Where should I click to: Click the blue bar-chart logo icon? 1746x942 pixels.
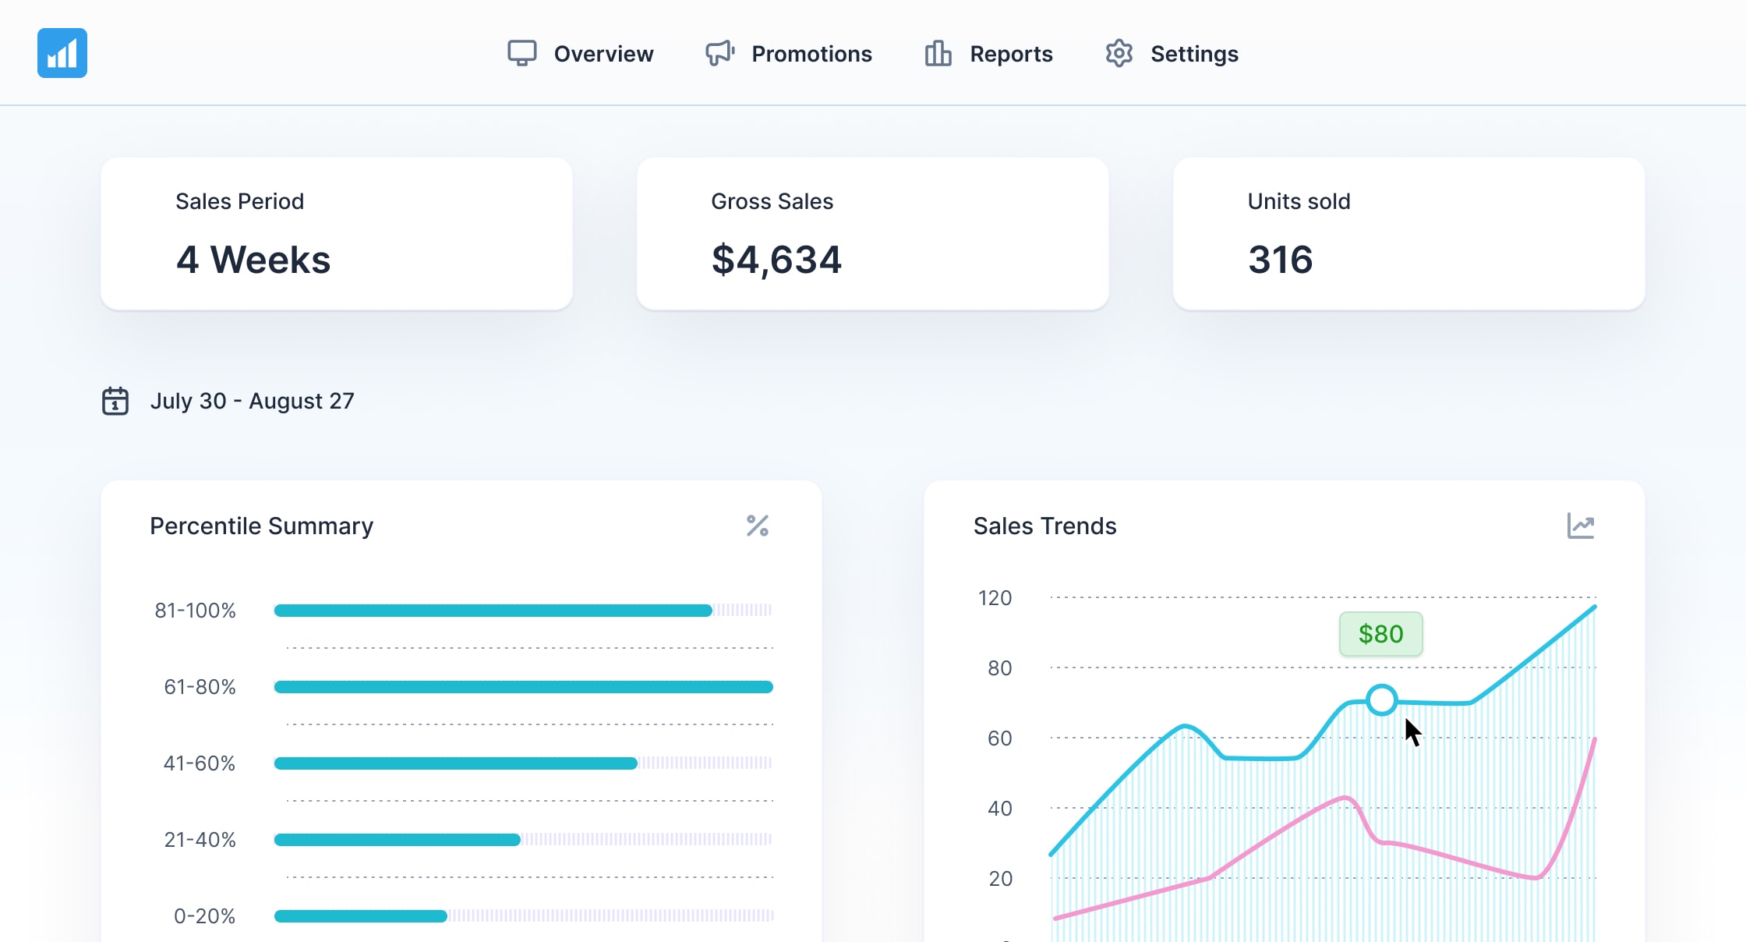[62, 53]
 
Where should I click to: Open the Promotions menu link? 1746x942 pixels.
[811, 54]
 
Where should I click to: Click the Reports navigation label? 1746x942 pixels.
[1011, 54]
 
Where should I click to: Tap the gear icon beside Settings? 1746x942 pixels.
[1119, 53]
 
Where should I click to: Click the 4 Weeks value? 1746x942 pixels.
[253, 260]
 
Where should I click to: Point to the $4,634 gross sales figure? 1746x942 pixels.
[776, 260]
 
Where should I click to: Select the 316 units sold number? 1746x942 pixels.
[1281, 260]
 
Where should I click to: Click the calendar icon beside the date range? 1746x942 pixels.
[115, 401]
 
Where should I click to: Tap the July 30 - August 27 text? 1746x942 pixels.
[252, 401]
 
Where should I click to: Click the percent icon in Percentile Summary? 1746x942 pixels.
[757, 526]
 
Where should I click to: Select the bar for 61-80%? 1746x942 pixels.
[523, 687]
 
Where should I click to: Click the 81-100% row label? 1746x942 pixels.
[195, 611]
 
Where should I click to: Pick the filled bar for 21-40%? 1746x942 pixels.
[397, 840]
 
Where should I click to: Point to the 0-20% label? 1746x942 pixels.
[204, 916]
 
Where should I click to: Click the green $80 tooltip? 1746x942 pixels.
[1380, 634]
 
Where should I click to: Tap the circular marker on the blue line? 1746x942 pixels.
[1382, 700]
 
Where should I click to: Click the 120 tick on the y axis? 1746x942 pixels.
[995, 598]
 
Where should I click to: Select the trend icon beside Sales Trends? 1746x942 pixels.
[1580, 526]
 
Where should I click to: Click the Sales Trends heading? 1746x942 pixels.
[1044, 526]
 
